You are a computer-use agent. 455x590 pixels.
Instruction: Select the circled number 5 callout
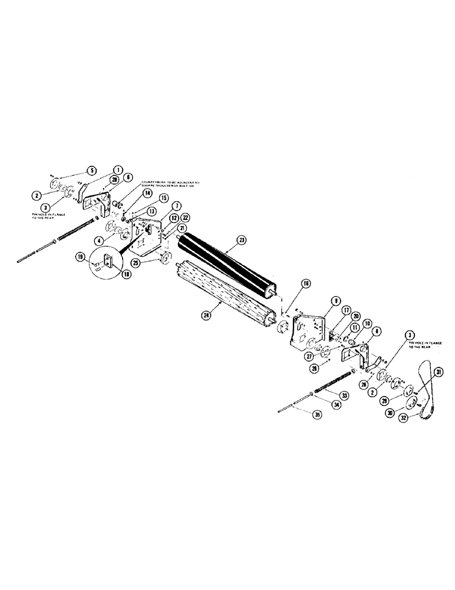91,171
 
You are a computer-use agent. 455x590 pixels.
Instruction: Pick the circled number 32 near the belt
421,417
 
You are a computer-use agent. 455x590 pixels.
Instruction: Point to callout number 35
318,415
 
